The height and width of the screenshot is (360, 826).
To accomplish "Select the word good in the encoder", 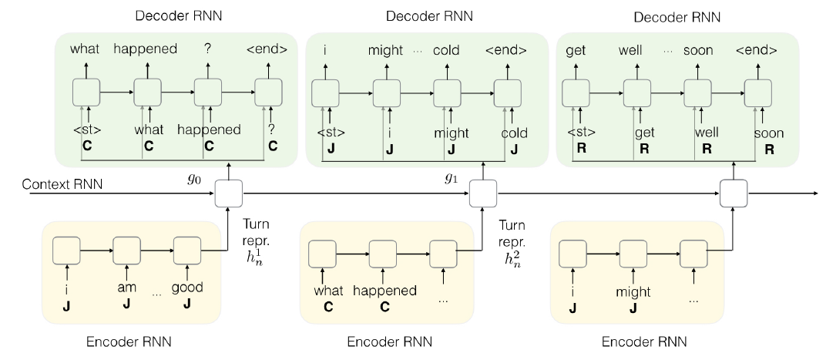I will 187,288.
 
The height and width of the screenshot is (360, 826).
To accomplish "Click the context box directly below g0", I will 229,193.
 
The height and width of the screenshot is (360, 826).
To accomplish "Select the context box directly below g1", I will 483,193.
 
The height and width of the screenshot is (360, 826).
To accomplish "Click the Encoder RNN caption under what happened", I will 390,341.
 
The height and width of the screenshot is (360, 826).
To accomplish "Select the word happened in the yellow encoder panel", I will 385,291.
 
